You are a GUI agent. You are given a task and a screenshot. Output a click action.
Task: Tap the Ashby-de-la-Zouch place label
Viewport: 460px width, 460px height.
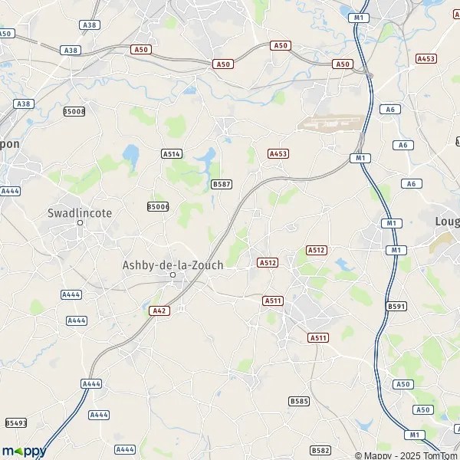point(172,264)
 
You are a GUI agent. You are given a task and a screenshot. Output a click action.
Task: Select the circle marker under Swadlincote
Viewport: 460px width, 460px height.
point(80,223)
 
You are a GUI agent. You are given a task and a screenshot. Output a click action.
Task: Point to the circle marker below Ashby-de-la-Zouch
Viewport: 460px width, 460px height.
point(172,275)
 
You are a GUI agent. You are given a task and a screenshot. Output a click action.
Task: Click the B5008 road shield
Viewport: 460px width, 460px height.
point(74,111)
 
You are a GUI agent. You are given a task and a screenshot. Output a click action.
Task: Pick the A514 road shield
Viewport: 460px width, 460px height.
point(172,154)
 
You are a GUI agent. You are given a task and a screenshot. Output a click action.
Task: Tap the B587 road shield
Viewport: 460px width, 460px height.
point(222,184)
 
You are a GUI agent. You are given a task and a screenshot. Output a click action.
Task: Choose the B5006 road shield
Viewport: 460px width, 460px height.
point(158,206)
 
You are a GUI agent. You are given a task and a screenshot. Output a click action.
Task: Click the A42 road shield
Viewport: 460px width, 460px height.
point(157,310)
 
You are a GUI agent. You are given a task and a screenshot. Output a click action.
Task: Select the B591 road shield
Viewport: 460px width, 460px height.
point(396,306)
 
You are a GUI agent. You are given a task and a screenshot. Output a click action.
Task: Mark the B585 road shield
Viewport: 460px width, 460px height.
point(299,401)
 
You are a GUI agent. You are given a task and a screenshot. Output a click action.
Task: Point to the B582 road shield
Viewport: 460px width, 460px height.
point(321,450)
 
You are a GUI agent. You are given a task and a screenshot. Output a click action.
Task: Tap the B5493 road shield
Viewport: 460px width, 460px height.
point(15,422)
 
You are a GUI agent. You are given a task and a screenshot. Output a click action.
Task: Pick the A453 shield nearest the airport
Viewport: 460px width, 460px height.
point(278,154)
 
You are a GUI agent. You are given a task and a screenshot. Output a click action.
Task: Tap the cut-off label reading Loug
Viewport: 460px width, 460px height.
point(447,221)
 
